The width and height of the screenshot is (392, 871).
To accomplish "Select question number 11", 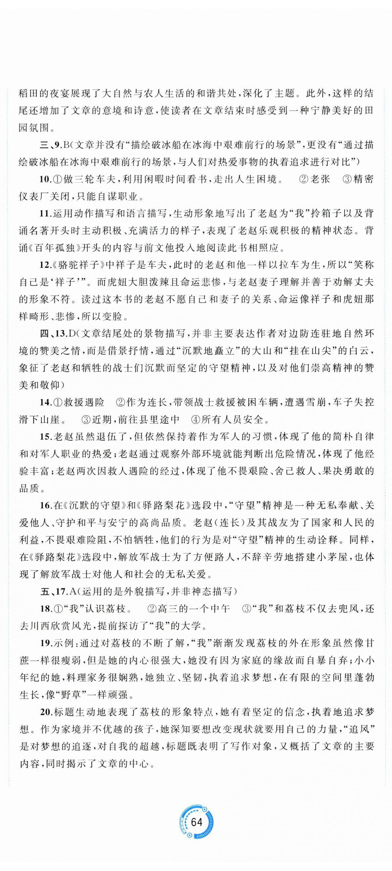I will coord(44,214).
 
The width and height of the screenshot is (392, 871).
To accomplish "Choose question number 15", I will coord(44,437).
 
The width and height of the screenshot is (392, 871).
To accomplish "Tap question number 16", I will coord(44,506).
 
